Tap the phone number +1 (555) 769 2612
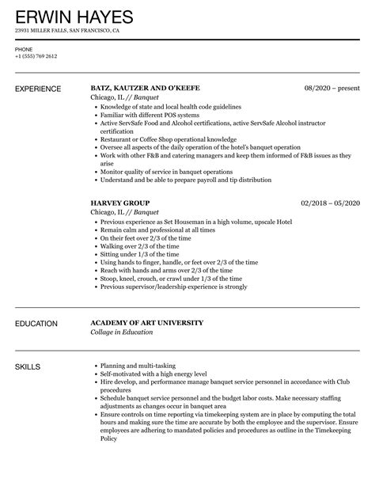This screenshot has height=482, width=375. [36, 57]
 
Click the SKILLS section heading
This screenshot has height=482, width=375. [29, 346]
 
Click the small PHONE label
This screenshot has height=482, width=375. [24, 49]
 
